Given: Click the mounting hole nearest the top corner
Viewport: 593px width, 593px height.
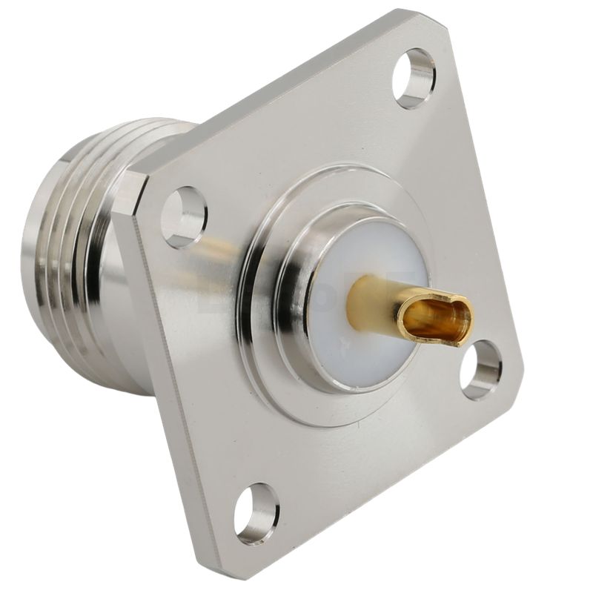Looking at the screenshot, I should click(414, 78).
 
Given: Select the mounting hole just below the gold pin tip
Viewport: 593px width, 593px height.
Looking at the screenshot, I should click(480, 369).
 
